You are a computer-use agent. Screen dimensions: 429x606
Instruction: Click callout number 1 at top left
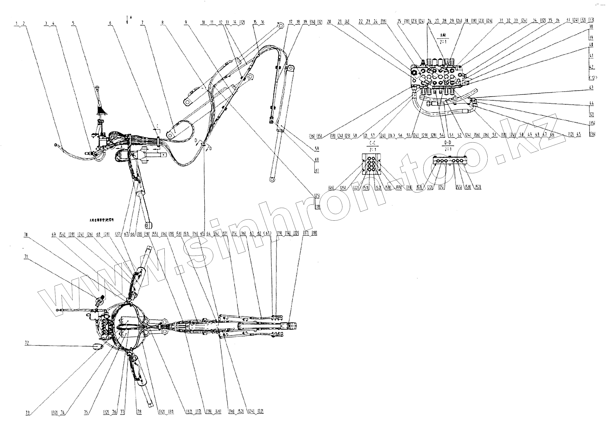[x=16, y=23]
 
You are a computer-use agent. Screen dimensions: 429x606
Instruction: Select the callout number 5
[x=73, y=23]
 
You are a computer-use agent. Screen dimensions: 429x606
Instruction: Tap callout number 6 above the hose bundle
[x=110, y=23]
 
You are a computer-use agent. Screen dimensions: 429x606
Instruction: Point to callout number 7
[x=142, y=23]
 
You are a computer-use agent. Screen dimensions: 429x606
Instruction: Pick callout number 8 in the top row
[x=162, y=23]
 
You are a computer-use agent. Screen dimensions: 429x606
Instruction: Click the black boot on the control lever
[x=101, y=109]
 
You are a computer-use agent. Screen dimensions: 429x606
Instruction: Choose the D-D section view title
[x=448, y=143]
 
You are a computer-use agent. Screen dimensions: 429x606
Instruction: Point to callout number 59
[x=317, y=149]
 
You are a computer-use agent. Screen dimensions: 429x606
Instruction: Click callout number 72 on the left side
[x=26, y=343]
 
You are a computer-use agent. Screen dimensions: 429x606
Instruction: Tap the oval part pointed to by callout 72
[x=98, y=347]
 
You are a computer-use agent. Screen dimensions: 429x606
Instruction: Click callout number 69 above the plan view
[x=54, y=234]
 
